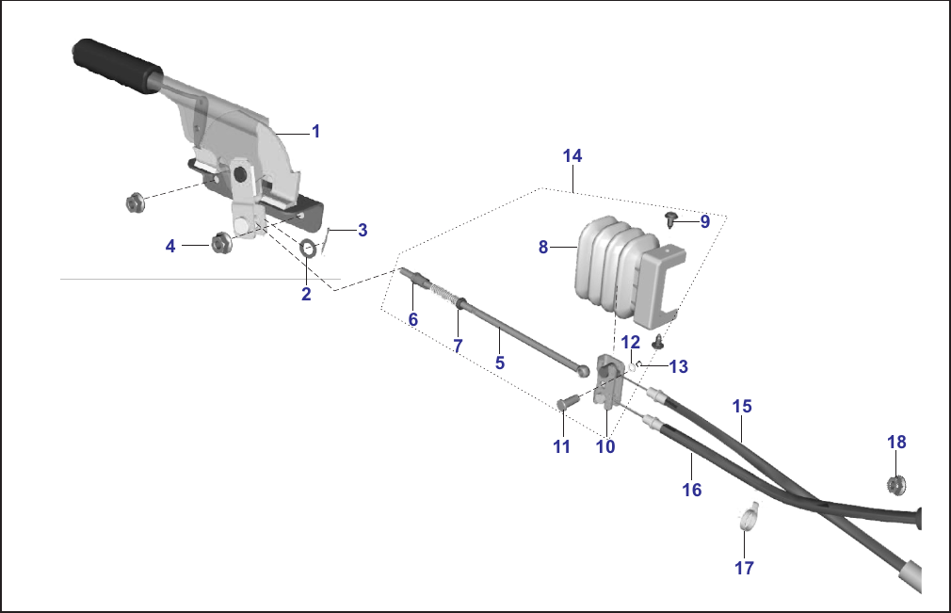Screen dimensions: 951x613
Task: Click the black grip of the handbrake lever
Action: pyautogui.click(x=117, y=66)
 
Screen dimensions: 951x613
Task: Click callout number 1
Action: pyautogui.click(x=315, y=131)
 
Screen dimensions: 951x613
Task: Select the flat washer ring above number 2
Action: pyautogui.click(x=309, y=248)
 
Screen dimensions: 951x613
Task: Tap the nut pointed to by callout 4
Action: pyautogui.click(x=221, y=243)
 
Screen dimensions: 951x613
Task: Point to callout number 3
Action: pyautogui.click(x=363, y=230)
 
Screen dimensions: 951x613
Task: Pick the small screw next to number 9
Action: pyautogui.click(x=670, y=218)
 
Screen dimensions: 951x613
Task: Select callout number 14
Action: pyautogui.click(x=572, y=155)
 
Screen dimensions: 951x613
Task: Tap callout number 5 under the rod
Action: pyautogui.click(x=499, y=363)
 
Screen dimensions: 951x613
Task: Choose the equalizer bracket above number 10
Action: pyautogui.click(x=609, y=382)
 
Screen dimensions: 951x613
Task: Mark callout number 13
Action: pyautogui.click(x=678, y=366)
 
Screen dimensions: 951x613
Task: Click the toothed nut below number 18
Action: pyautogui.click(x=895, y=484)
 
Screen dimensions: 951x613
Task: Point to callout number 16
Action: pyautogui.click(x=691, y=490)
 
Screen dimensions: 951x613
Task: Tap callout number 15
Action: pyautogui.click(x=742, y=406)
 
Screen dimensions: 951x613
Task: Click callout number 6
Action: pyautogui.click(x=413, y=319)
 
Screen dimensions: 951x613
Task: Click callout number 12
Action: pyautogui.click(x=630, y=342)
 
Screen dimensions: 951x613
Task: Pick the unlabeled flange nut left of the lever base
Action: pyautogui.click(x=135, y=202)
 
